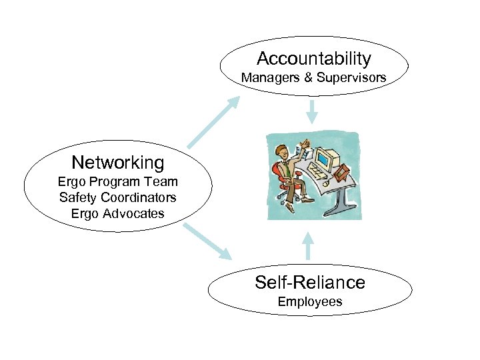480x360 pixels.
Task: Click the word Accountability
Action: tap(313, 59)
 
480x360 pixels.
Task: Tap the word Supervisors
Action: tap(351, 78)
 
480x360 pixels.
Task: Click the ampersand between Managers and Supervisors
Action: tap(308, 78)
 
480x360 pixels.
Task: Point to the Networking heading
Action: tap(117, 162)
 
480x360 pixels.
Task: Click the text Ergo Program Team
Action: tap(117, 181)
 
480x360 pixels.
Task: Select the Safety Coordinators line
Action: tap(117, 197)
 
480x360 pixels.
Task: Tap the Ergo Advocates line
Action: tap(117, 213)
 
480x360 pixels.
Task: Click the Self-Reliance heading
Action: tap(310, 282)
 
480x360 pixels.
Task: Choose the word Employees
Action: tap(310, 302)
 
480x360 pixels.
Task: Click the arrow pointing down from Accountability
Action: tap(311, 111)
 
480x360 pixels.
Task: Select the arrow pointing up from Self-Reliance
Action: tap(308, 245)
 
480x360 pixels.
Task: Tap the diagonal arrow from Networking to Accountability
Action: tap(214, 121)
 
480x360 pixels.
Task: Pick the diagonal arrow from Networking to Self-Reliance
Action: tap(207, 241)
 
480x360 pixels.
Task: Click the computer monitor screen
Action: tap(323, 160)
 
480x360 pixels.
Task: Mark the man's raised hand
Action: tap(304, 143)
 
